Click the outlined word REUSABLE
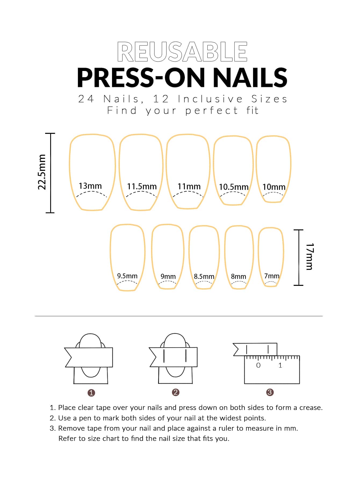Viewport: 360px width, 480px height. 182,52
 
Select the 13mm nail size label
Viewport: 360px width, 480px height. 90,186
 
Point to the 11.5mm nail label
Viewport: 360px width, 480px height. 142,186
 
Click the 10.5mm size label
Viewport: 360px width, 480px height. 234,187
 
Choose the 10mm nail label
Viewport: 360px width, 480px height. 274,187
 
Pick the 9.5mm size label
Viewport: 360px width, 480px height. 127,276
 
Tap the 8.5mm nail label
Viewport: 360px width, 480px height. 204,276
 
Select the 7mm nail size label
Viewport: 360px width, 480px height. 272,276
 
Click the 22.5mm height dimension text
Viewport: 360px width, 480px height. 42,172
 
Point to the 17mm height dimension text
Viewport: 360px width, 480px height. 310,257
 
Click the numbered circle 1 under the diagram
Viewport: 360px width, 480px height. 91,393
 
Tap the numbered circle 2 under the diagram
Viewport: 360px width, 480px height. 176,392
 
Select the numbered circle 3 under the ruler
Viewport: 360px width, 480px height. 270,392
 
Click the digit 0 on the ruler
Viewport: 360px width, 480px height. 258,365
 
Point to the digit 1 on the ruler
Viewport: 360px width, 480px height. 280,365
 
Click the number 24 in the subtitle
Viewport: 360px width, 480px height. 86,99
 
